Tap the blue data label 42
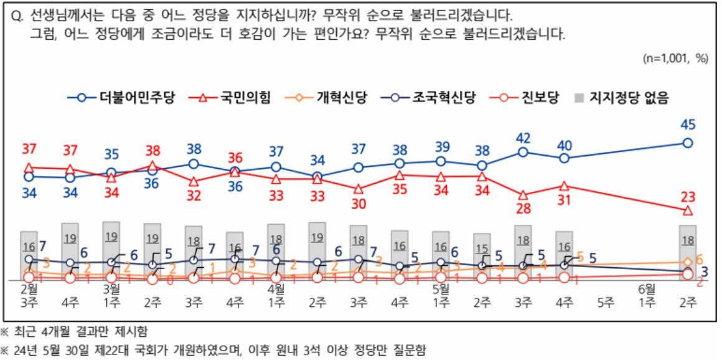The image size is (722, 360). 523,137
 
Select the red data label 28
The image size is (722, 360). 523,209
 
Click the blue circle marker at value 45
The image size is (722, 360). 688,143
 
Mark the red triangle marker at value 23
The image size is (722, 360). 688,211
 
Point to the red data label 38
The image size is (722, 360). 152,150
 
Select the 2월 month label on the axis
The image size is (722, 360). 29,289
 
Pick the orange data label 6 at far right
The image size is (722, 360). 700,260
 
